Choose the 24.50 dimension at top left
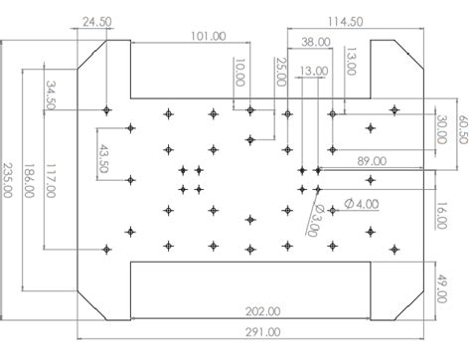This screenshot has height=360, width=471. pyautogui.click(x=98, y=19)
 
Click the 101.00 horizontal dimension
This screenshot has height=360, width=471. pyautogui.click(x=208, y=36)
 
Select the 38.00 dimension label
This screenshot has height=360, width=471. pyautogui.click(x=317, y=42)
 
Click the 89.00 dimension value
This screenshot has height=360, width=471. pyautogui.click(x=372, y=160)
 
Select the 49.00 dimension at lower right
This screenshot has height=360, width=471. pyautogui.click(x=442, y=283)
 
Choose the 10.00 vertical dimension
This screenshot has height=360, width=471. pyautogui.click(x=238, y=73)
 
